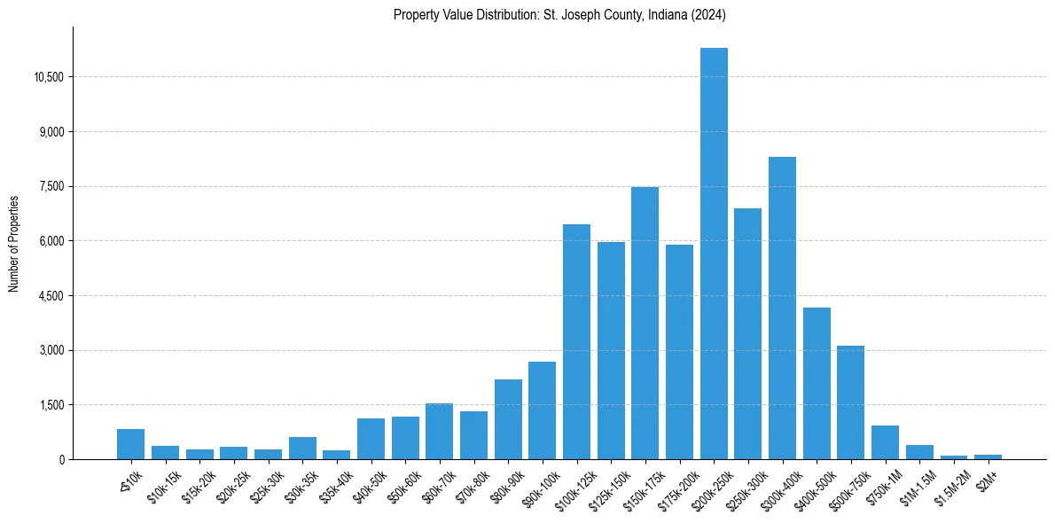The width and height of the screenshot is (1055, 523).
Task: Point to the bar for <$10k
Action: pos(130,444)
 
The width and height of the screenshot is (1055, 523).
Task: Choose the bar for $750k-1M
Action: pos(885,442)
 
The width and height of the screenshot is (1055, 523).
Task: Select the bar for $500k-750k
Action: pos(850,402)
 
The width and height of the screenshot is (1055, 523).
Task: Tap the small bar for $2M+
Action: pos(988,457)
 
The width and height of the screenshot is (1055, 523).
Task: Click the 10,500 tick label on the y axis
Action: pos(48,77)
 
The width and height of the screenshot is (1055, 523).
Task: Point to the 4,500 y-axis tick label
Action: pos(51,296)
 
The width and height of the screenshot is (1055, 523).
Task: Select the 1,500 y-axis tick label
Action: pos(51,405)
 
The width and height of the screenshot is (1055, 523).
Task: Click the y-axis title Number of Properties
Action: pos(13,243)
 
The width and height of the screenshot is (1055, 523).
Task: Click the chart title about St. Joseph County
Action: pos(559,14)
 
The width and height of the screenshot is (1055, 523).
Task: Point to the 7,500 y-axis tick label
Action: pos(51,187)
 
